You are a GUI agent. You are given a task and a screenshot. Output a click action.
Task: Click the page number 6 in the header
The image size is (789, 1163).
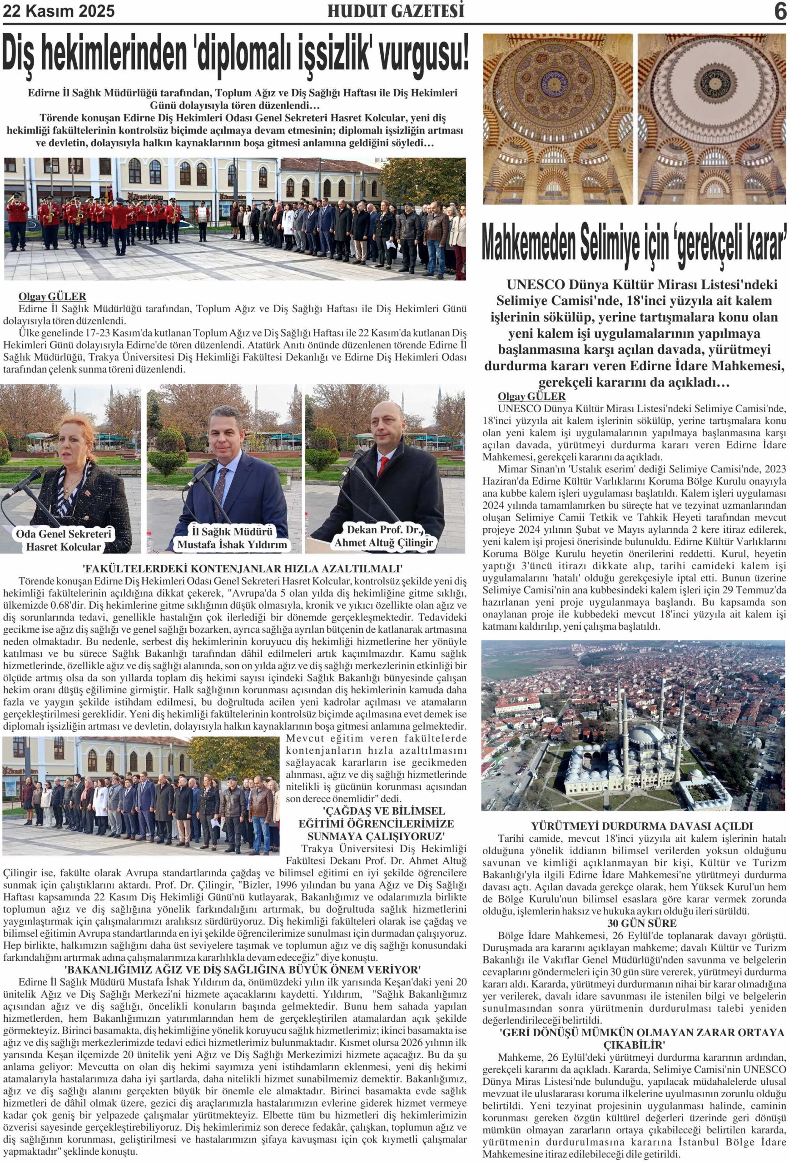pos(779,11)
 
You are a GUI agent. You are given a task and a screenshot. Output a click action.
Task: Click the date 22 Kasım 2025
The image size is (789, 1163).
pos(59,11)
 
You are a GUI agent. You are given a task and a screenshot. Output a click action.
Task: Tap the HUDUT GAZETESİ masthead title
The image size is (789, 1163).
pos(395,11)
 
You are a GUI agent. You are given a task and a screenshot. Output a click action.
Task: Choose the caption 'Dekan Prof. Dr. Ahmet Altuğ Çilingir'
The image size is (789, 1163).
pos(384,536)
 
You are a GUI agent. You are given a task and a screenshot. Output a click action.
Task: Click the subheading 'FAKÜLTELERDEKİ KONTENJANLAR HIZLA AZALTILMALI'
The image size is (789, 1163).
pos(243,568)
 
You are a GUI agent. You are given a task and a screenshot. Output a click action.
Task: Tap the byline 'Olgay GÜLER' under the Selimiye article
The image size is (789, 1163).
pos(531,396)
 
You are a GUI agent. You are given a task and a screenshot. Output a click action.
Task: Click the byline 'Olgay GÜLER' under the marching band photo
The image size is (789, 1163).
pos(52,296)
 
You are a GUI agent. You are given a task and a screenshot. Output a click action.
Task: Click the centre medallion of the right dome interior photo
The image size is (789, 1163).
pos(712,80)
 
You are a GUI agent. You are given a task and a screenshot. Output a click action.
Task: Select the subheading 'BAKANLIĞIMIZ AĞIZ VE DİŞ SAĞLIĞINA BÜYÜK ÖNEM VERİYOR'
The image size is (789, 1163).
pos(243,969)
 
